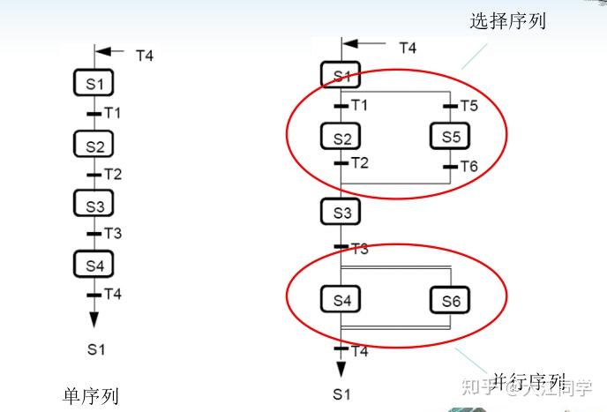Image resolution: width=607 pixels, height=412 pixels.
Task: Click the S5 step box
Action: pos(450,137)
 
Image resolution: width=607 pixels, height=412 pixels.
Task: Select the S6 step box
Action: pos(450,301)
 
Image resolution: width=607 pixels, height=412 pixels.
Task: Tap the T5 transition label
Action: pos(468,106)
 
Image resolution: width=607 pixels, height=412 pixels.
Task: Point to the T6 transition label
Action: pos(468,166)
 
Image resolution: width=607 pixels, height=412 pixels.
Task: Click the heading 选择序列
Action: pos(507,21)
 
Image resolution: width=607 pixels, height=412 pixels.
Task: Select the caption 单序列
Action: pos(91,395)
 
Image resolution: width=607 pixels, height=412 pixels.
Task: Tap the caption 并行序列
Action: pos(528,382)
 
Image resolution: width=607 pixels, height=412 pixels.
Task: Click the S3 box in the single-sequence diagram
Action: pos(94,206)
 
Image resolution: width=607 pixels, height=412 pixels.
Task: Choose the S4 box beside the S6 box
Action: pos(341,300)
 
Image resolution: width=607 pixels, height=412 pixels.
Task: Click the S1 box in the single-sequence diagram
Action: pos(94,85)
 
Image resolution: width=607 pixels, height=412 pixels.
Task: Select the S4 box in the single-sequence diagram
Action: pos(94,264)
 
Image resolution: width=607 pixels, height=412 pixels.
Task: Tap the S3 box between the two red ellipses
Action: pos(341,212)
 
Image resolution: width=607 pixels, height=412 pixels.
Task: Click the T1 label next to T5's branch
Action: pos(359,106)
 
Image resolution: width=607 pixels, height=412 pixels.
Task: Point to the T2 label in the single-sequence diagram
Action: pos(113,174)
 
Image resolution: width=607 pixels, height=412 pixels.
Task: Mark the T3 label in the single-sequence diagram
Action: pos(113,234)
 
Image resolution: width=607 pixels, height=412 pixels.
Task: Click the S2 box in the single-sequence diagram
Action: pos(94,145)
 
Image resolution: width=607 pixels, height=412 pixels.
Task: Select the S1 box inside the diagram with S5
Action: pos(341,76)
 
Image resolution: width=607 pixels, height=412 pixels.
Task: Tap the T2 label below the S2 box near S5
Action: pos(359,163)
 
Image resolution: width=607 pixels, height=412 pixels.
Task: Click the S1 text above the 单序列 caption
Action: pos(95,349)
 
